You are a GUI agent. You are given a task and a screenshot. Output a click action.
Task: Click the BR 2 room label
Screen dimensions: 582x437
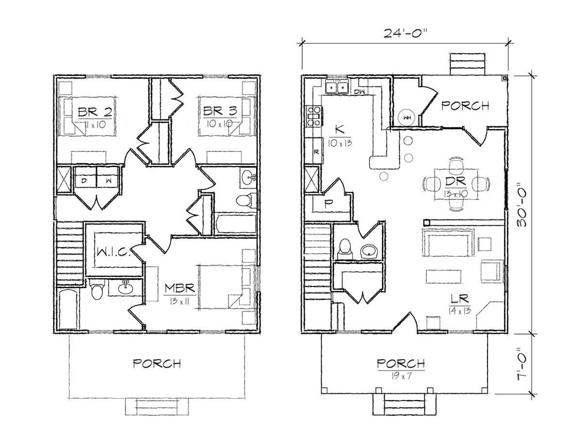click(x=95, y=112)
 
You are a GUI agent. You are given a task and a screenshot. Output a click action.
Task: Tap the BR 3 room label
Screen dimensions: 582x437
click(x=220, y=111)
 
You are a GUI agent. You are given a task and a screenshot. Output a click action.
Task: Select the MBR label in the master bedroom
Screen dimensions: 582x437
click(x=180, y=288)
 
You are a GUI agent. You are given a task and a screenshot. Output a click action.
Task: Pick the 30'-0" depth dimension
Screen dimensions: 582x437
click(x=521, y=204)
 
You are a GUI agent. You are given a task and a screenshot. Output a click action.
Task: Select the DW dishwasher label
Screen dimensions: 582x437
click(x=360, y=92)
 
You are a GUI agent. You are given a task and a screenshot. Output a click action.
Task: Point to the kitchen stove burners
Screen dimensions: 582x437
click(x=314, y=116)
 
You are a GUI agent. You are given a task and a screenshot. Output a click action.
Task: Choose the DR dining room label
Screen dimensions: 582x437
click(x=456, y=181)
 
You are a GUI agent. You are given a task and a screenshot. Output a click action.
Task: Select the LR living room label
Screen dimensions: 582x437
click(x=460, y=299)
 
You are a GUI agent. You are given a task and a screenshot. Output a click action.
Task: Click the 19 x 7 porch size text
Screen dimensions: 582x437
click(x=402, y=376)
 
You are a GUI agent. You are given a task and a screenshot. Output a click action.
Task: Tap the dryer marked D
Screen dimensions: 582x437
click(x=84, y=181)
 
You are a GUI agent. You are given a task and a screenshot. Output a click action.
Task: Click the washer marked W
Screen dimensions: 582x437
click(x=108, y=181)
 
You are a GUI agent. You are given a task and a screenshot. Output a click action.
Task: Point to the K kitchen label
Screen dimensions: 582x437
click(x=339, y=130)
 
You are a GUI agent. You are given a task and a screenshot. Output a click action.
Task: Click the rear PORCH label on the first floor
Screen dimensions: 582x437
click(x=465, y=106)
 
